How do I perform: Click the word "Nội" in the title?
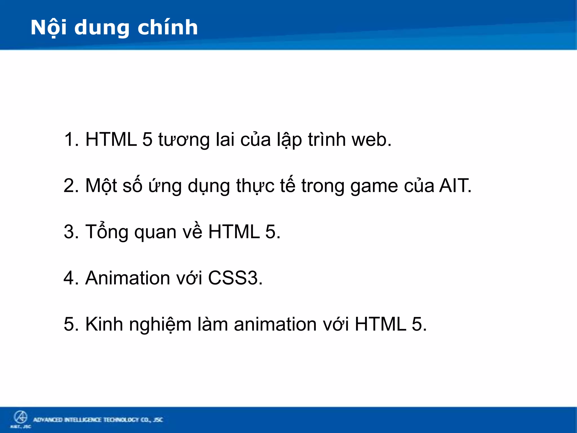[48, 28]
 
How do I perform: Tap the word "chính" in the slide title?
[168, 28]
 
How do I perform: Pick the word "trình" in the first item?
[327, 139]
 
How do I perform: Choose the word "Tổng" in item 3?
[107, 232]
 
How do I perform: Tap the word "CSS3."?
[235, 278]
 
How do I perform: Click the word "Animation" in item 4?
[128, 278]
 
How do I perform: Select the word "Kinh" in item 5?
[104, 324]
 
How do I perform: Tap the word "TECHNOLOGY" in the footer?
[121, 420]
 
